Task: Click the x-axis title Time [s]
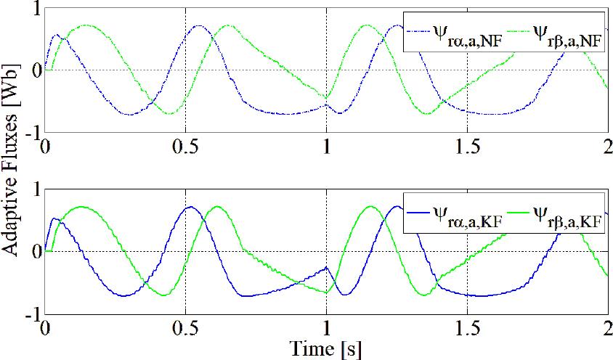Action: pyautogui.click(x=325, y=349)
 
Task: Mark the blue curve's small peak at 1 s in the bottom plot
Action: pyautogui.click(x=327, y=267)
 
